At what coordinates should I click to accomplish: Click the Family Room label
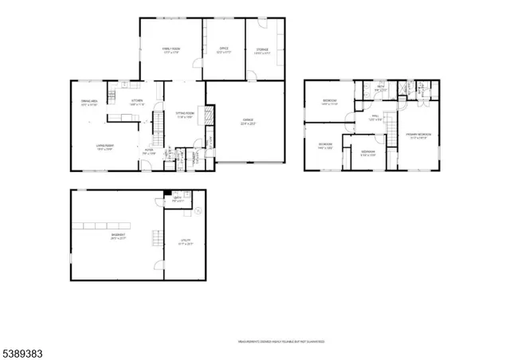pyautogui.click(x=171, y=50)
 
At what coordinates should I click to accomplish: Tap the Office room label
pyautogui.click(x=224, y=50)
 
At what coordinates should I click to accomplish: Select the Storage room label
pyautogui.click(x=262, y=50)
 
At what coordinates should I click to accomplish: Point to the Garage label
pyautogui.click(x=248, y=121)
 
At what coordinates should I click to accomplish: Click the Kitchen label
pyautogui.click(x=137, y=101)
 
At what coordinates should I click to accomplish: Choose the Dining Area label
pyautogui.click(x=89, y=101)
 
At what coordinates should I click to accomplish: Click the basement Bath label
pyautogui.click(x=178, y=200)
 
